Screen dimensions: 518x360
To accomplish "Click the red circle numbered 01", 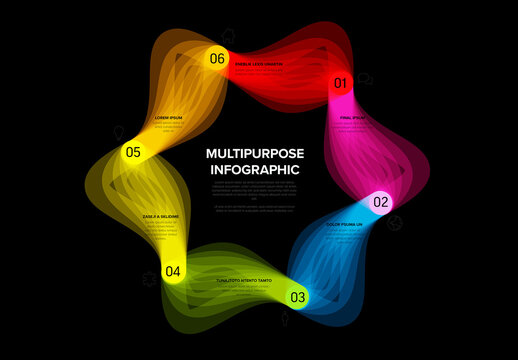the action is tap(340, 83).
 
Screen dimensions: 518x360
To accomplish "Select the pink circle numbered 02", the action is tap(381, 203).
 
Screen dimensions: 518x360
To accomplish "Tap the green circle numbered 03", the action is tap(298, 297).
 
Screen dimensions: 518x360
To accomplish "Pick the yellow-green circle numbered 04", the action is tap(174, 271).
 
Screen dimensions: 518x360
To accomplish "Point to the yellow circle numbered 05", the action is tap(133, 153).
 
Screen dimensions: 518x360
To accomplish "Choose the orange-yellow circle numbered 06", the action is tap(217, 58).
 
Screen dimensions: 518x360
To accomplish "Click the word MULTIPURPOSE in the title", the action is tap(254, 154).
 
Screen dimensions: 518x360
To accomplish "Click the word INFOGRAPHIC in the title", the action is tap(254, 170).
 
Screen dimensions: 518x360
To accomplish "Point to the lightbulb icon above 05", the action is tap(120, 130).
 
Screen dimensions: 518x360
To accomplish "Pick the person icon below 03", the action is tap(288, 320).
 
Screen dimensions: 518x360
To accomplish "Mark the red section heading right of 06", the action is tap(259, 64).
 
